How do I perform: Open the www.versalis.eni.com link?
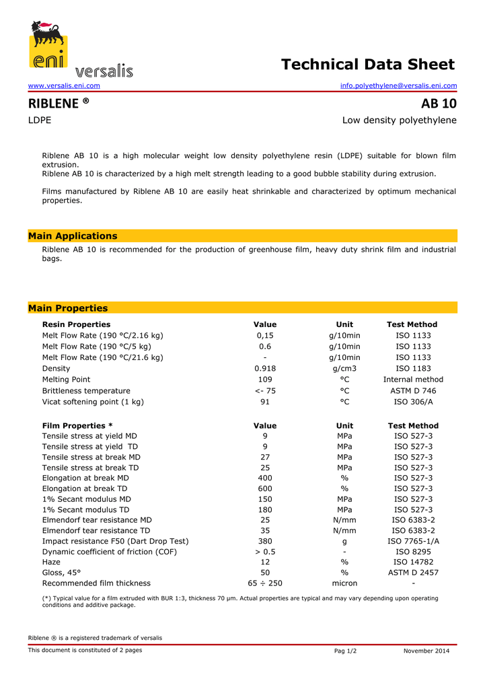(64, 85)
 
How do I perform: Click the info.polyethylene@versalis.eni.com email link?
(398, 85)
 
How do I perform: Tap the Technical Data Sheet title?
(368, 65)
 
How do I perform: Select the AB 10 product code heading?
(439, 104)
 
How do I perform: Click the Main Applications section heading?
(73, 236)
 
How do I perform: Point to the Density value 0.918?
(265, 369)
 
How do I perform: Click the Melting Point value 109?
(265, 379)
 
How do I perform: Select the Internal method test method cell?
(413, 379)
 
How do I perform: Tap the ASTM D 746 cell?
(413, 391)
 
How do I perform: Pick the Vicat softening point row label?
(93, 402)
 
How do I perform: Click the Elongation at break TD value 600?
(265, 488)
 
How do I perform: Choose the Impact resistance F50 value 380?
(265, 541)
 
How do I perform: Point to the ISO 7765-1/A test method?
(413, 541)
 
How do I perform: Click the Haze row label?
(51, 562)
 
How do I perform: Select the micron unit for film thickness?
(344, 583)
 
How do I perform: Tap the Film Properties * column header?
(77, 426)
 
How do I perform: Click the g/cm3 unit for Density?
(344, 369)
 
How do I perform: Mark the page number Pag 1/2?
(346, 651)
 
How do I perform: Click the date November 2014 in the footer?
(426, 651)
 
